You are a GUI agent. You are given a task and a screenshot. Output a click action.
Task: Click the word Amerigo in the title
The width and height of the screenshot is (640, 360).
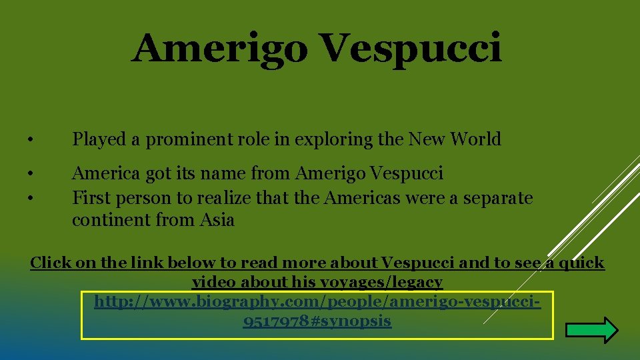point(220,49)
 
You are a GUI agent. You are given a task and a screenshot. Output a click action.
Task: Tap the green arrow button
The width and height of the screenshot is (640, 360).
point(591,330)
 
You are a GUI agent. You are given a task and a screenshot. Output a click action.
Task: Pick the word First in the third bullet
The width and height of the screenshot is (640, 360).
point(89,199)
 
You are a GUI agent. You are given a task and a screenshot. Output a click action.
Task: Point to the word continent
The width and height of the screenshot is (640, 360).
point(111,220)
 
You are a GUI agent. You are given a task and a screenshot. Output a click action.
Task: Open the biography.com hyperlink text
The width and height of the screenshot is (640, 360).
point(317,302)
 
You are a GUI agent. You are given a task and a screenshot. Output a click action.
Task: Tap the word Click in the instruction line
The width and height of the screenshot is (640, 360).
point(51,263)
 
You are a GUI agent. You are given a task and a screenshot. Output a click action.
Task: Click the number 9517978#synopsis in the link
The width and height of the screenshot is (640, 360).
point(317,321)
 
